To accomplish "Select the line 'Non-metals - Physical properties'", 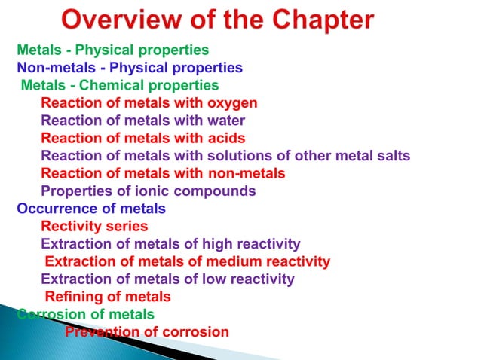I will click(130, 68).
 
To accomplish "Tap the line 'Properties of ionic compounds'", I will click(148, 191).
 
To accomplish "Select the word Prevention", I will click(102, 331).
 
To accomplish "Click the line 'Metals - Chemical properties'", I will click(120, 85).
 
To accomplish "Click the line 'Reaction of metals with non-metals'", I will click(163, 173).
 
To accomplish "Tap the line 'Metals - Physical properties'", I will click(113, 50).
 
